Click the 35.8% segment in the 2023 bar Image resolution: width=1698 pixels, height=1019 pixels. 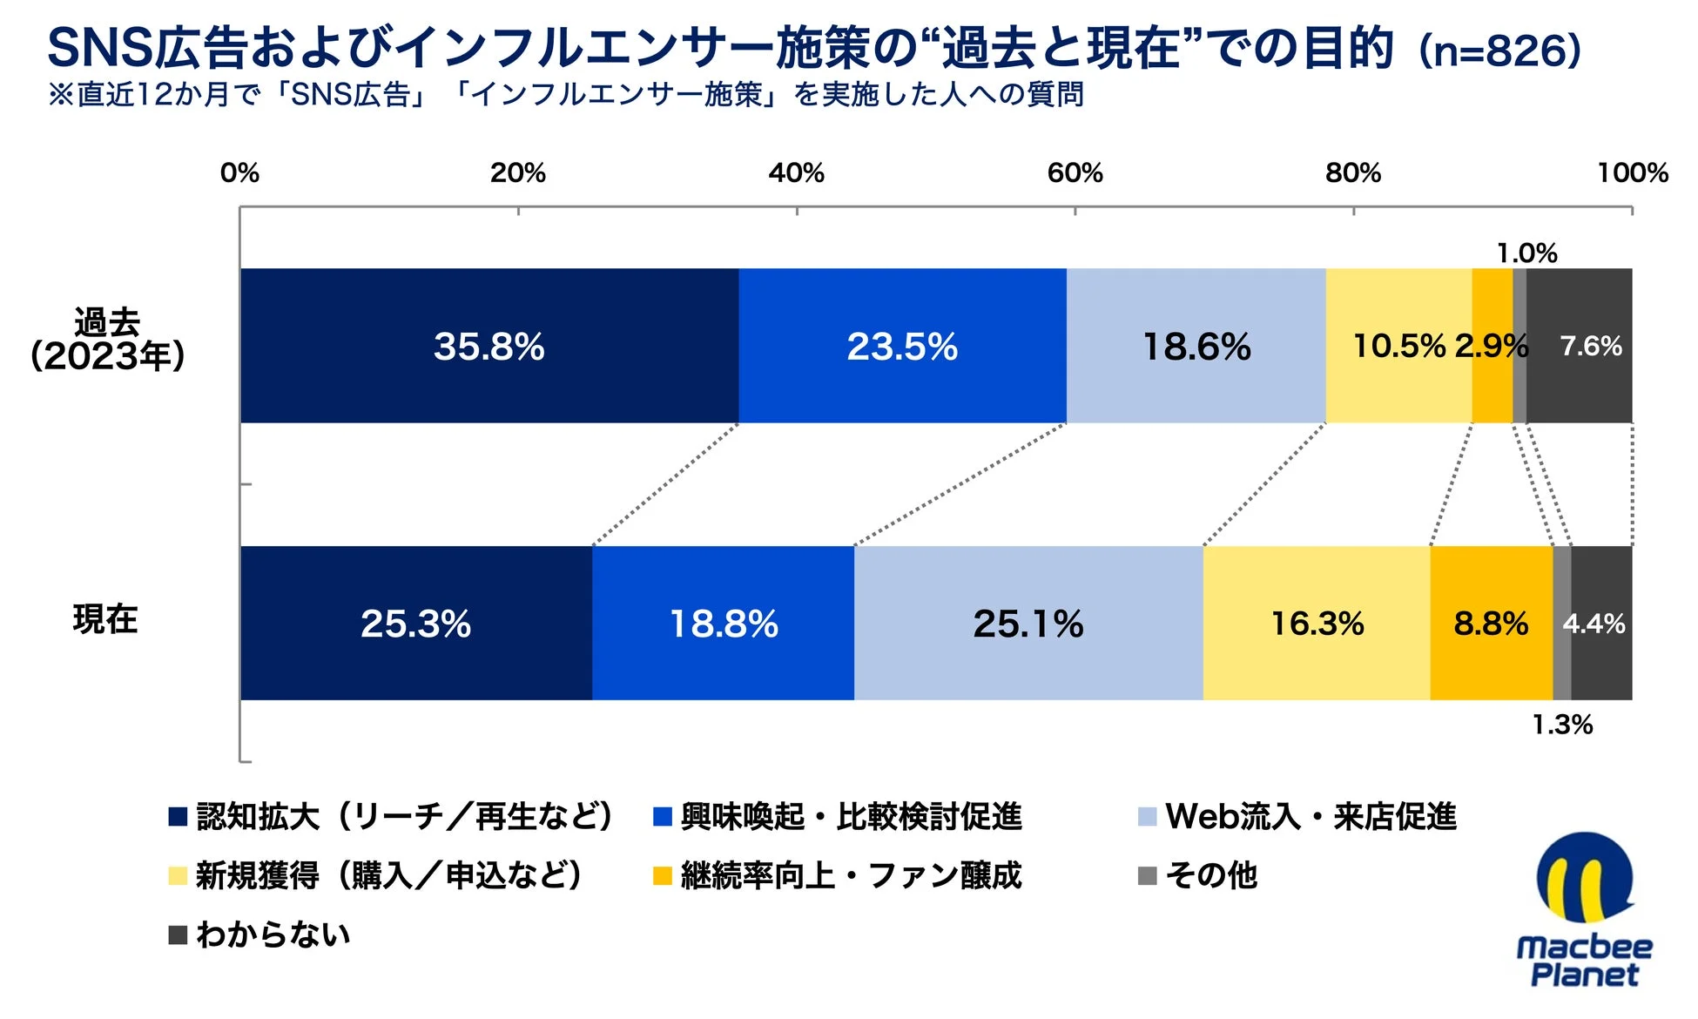tap(489, 346)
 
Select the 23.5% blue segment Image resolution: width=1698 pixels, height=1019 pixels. tap(902, 346)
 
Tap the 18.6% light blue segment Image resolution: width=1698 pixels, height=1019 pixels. tap(1196, 346)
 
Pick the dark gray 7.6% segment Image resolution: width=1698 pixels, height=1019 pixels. tap(1590, 346)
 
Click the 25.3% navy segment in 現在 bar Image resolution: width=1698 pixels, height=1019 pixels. tap(415, 623)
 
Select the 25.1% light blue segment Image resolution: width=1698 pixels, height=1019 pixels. tap(1028, 623)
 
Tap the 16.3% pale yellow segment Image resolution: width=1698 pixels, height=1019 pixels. tap(1316, 623)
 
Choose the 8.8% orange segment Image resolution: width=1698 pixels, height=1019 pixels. tap(1490, 623)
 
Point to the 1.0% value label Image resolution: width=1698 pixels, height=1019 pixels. tap(1526, 253)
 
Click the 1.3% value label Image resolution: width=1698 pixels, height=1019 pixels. tap(1561, 725)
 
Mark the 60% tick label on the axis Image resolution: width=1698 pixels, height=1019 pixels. tap(1075, 172)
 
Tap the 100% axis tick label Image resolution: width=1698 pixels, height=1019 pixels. tap(1632, 172)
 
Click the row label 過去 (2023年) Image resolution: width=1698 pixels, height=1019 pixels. tap(107, 340)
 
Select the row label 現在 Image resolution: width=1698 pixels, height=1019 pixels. tap(105, 619)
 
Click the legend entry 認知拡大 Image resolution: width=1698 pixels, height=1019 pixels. tap(392, 817)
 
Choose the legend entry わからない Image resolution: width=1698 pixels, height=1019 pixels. tap(261, 935)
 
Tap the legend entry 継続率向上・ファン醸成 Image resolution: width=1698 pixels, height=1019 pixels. tap(838, 875)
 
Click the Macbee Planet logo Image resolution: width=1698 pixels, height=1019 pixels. tap(1584, 910)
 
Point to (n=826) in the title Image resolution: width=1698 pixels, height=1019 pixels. tap(1499, 50)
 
